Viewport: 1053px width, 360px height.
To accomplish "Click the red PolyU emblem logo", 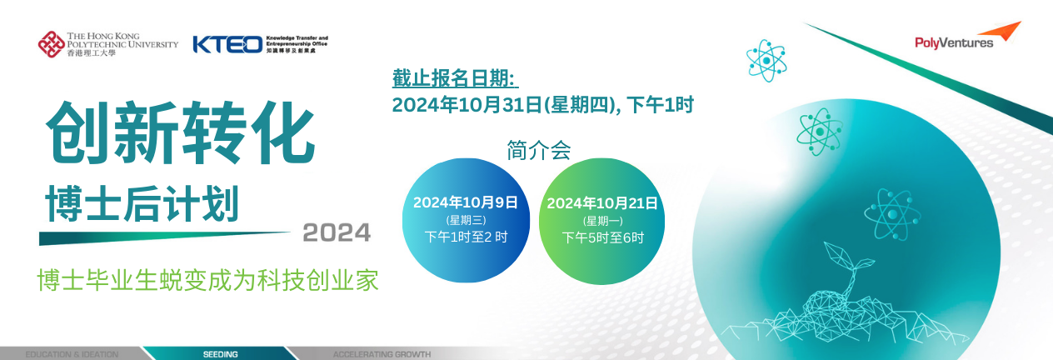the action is click(52, 45).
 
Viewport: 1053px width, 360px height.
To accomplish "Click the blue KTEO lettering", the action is click(227, 45).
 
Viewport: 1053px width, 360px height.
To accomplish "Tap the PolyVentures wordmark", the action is click(954, 42).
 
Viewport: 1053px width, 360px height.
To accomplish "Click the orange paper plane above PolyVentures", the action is click(1001, 31).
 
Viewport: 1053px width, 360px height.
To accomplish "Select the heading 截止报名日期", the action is click(455, 78).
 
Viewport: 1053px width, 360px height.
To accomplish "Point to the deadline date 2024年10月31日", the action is click(467, 105).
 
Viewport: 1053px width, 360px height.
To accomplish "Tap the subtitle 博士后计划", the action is click(142, 203).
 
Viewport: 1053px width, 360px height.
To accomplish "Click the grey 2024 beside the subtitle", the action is click(337, 232).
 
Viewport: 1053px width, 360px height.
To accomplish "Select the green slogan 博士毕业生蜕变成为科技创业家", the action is click(207, 281).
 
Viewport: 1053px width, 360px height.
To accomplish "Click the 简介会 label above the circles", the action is click(539, 150).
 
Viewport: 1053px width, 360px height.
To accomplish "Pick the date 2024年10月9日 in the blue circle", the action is click(466, 202).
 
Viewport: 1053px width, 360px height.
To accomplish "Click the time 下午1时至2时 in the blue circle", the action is click(466, 237).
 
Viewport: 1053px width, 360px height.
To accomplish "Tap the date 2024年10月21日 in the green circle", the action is click(602, 203).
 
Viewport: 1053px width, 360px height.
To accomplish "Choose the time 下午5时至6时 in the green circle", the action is click(602, 237).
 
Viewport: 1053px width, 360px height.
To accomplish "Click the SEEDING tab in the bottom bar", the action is click(220, 354).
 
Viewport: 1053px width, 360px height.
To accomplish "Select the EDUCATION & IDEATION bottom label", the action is click(72, 354).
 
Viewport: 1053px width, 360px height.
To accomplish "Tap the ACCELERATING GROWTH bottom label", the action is click(382, 354).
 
